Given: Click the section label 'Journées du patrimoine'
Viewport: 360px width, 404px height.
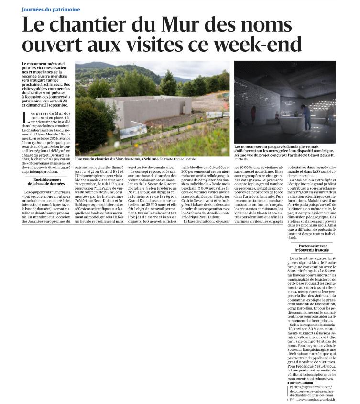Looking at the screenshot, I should pyautogui.click(x=51, y=9).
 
